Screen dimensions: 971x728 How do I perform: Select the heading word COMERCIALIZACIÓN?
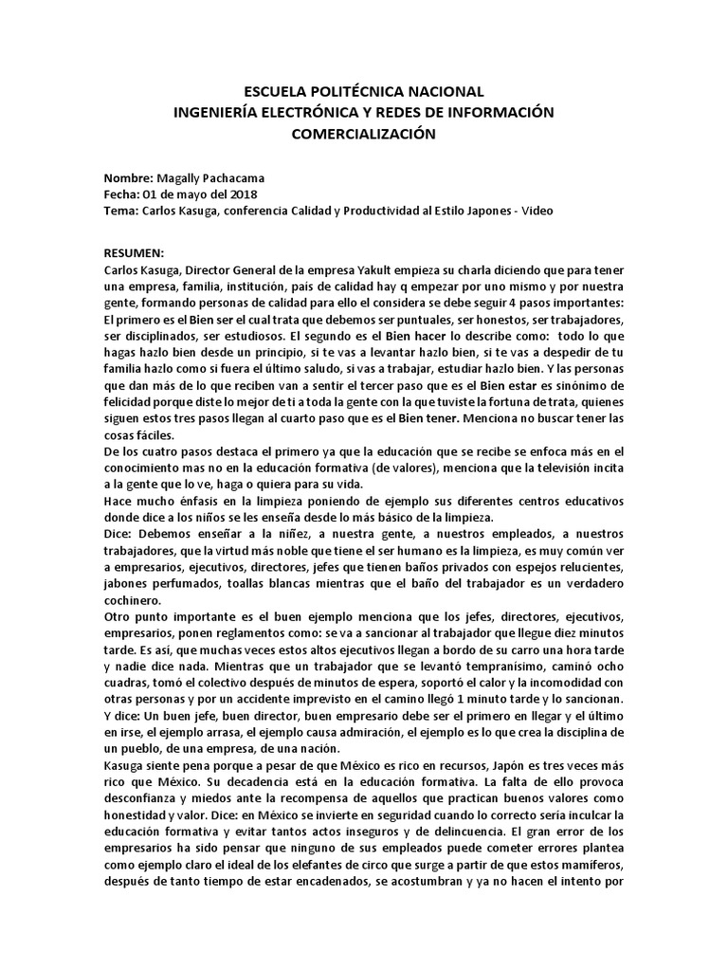click(x=364, y=134)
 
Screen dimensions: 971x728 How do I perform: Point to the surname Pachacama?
click(x=238, y=178)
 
